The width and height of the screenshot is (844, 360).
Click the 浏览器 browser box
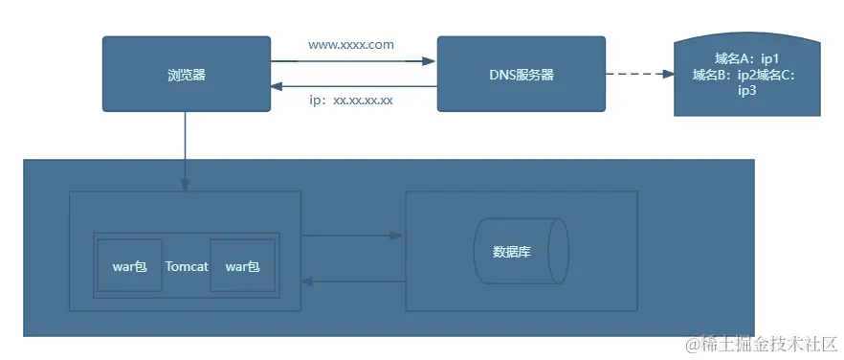(186, 74)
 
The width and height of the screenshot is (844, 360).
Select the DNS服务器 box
(521, 74)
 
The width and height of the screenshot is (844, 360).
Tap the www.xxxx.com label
(351, 45)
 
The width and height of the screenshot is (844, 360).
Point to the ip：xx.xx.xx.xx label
(351, 101)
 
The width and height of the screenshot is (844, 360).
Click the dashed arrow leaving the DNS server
(637, 75)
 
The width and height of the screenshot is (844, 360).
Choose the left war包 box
(129, 266)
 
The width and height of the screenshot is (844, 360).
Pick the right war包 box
(242, 266)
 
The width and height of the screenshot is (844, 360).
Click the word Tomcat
(187, 266)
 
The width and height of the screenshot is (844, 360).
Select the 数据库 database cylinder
(521, 253)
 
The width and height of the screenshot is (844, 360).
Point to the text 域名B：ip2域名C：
(745, 75)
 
